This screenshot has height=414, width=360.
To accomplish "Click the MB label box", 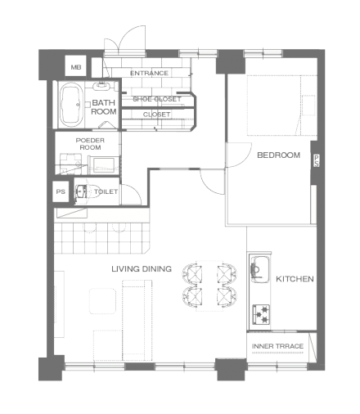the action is (x=75, y=66).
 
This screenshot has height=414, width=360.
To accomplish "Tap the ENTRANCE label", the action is (x=149, y=73).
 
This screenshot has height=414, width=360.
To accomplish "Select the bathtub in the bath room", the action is (x=71, y=105).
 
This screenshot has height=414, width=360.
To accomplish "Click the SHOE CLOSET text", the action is (x=157, y=99).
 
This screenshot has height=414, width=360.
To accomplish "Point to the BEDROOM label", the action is (x=278, y=155).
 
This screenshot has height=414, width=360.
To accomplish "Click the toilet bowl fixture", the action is (x=82, y=191).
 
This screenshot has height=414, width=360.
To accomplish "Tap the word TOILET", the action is (x=106, y=191).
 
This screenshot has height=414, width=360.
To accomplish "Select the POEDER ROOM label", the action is (x=90, y=144).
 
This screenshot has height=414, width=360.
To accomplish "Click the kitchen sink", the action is (x=259, y=269).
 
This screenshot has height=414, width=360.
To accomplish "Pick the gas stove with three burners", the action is (x=261, y=314).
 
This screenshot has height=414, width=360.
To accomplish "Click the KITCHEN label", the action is (x=295, y=279).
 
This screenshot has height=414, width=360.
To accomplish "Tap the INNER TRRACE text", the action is (x=277, y=346).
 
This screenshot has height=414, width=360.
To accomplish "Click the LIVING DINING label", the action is (x=142, y=269).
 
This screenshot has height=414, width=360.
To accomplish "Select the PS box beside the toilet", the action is (x=61, y=191).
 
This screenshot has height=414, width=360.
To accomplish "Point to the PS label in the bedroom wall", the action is (x=316, y=160).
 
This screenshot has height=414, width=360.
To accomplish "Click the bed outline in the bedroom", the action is (x=282, y=105).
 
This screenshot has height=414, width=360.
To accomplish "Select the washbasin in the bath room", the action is (x=101, y=86).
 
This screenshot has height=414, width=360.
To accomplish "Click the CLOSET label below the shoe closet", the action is (x=156, y=115).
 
